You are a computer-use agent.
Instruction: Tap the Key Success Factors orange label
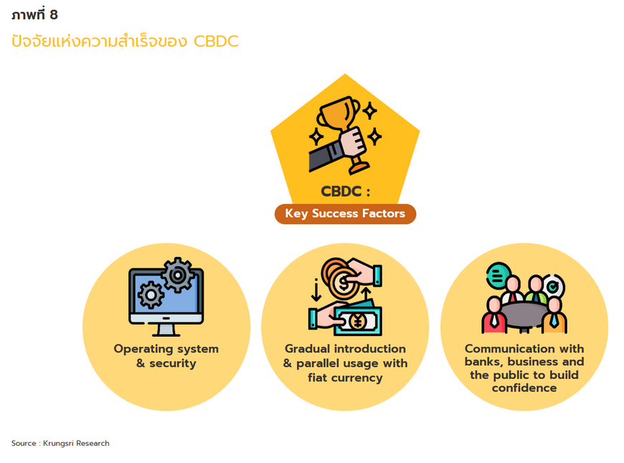pyautogui.click(x=345, y=214)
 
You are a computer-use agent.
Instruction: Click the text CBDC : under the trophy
pyautogui.click(x=346, y=191)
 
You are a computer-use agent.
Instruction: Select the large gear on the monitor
pyautogui.click(x=177, y=275)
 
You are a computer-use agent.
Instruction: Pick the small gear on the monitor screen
pyautogui.click(x=151, y=295)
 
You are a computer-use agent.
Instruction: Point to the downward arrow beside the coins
pyautogui.click(x=316, y=290)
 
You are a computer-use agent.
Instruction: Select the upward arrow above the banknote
pyautogui.click(x=366, y=296)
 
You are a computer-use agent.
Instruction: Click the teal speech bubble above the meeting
pyautogui.click(x=498, y=276)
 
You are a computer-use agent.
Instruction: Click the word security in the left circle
pyautogui.click(x=172, y=363)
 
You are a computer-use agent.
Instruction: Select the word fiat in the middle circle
pyautogui.click(x=317, y=378)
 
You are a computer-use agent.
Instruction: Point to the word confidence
pyautogui.click(x=524, y=388)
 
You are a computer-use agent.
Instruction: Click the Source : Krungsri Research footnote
pyautogui.click(x=60, y=443)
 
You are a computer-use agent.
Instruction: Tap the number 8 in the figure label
pyautogui.click(x=54, y=15)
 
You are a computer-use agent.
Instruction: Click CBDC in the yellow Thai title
pyautogui.click(x=216, y=42)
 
